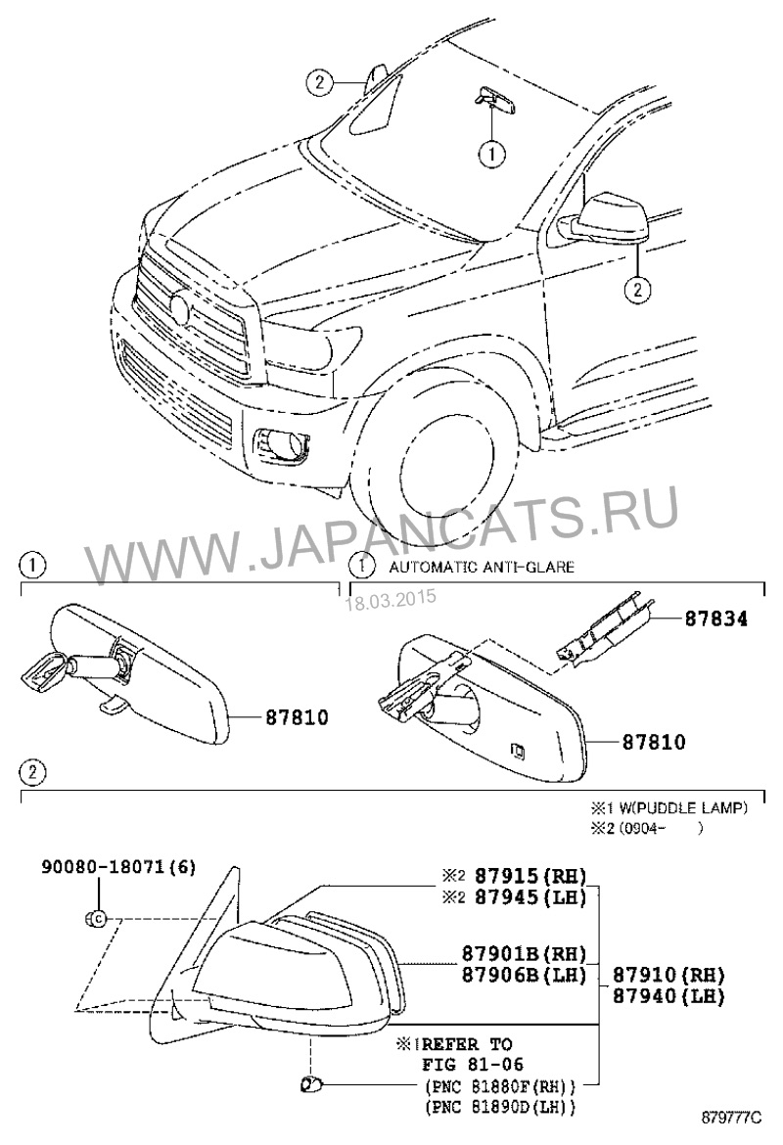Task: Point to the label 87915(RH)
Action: point(530,877)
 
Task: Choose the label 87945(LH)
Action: point(530,897)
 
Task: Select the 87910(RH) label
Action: point(668,976)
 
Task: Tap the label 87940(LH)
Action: point(668,997)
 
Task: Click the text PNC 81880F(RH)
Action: point(499,1086)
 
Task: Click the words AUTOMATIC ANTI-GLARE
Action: point(482,567)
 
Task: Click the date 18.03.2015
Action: point(390,599)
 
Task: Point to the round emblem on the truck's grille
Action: point(179,308)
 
